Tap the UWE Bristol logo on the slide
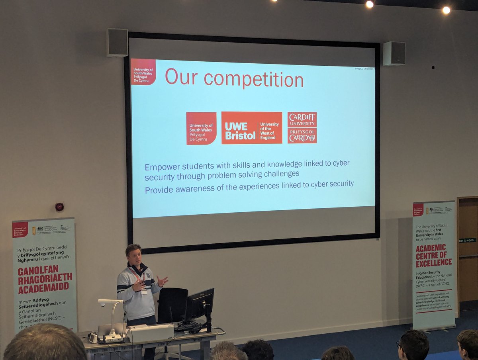tap(252, 128)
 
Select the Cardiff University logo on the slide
tap(302, 127)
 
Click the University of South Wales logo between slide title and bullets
tap(201, 128)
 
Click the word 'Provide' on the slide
tap(159, 190)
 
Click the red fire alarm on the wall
tap(59, 207)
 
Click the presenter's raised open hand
tap(162, 281)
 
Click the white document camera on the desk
tap(111, 319)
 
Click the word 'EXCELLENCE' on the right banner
tap(434, 262)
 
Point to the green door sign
tap(467, 240)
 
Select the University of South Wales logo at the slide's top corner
tap(143, 72)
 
